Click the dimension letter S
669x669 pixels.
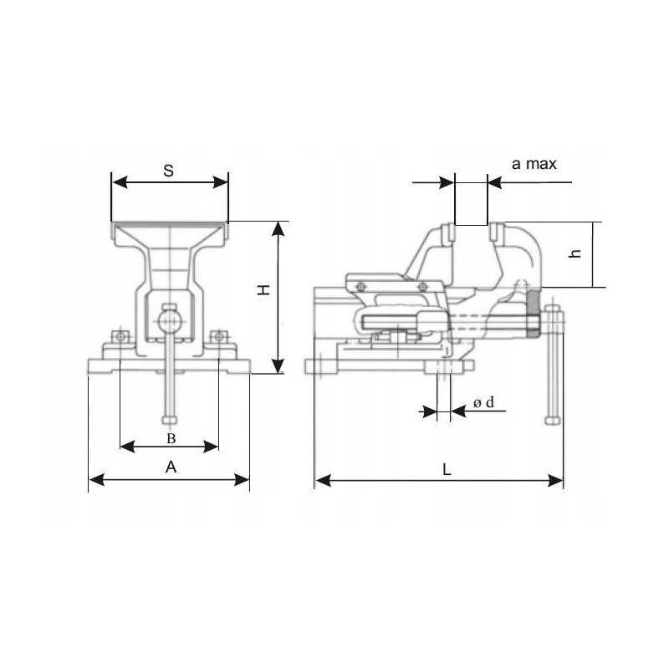[x=169, y=171]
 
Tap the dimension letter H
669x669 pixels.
[x=264, y=290]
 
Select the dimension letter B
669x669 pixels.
[x=171, y=438]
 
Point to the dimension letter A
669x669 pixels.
[x=171, y=467]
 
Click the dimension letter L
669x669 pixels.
[x=447, y=470]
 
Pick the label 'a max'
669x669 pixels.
[x=534, y=164]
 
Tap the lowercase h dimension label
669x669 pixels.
[x=575, y=253]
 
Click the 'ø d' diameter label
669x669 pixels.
[x=484, y=402]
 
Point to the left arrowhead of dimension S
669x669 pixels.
[x=120, y=182]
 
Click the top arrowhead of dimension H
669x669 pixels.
[x=278, y=228]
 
